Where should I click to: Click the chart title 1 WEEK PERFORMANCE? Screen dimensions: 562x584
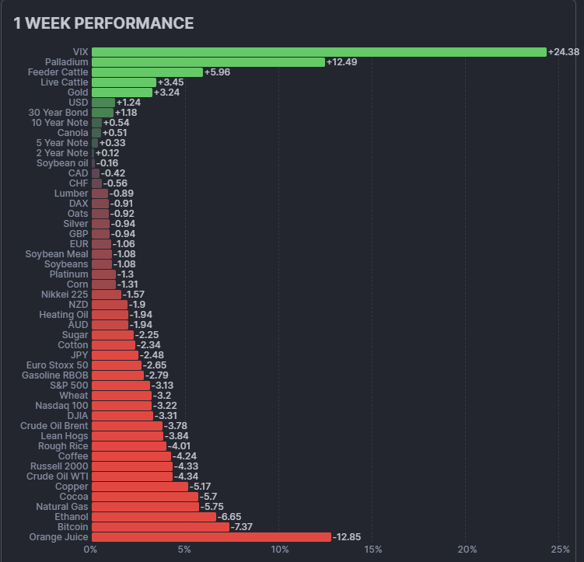(103, 23)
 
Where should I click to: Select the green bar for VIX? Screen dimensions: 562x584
(319, 52)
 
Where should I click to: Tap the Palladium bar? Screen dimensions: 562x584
(208, 62)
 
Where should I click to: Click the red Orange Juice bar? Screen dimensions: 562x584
(212, 537)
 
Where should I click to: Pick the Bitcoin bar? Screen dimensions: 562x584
(160, 527)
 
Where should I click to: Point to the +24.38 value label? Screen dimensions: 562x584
(564, 52)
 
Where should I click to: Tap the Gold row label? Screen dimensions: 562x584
(78, 93)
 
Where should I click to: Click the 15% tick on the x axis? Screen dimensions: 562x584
(372, 550)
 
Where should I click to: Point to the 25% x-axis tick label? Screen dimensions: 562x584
(560, 550)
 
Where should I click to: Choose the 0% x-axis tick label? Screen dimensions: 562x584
(91, 550)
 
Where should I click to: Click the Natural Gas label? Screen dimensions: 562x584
(62, 506)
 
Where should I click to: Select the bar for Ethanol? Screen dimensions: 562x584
(154, 516)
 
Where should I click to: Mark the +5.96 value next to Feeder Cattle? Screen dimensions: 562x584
(217, 72)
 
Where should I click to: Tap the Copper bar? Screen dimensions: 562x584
(140, 487)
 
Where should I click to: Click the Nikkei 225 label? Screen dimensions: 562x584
(65, 295)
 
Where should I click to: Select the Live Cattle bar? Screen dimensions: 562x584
(124, 82)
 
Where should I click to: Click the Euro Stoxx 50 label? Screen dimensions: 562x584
(58, 365)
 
